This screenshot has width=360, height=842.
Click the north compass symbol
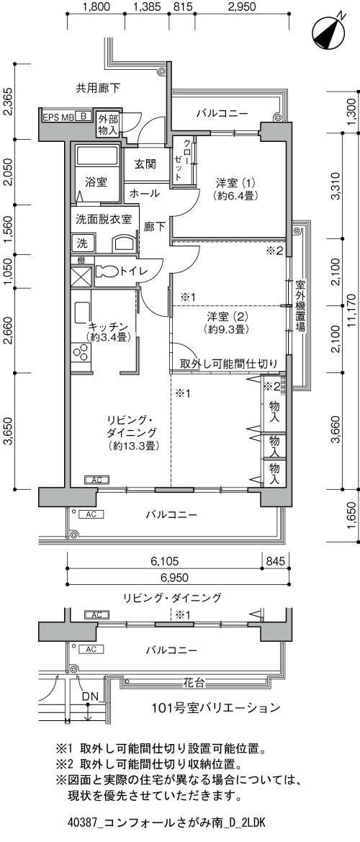pyautogui.click(x=328, y=30)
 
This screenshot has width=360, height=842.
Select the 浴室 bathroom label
pyautogui.click(x=96, y=182)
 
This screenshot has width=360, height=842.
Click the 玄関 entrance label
pyautogui.click(x=145, y=164)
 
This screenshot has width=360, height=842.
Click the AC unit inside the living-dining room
pyautogui.click(x=97, y=480)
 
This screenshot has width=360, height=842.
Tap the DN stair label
pyautogui.click(x=91, y=697)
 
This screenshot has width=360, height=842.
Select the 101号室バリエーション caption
pyautogui.click(x=216, y=707)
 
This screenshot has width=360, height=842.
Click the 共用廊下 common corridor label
pyautogui.click(x=97, y=88)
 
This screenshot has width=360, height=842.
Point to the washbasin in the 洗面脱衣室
pyautogui.click(x=125, y=243)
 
